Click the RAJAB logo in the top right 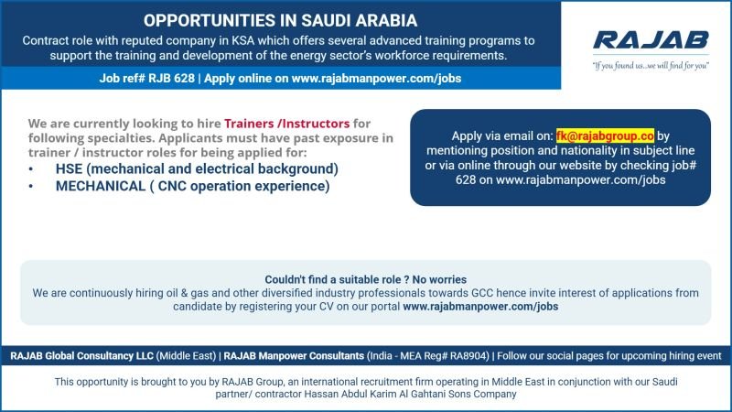[x=650, y=40]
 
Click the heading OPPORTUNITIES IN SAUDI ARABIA [x=280, y=20]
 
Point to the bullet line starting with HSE [x=197, y=169]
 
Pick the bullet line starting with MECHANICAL [x=192, y=186]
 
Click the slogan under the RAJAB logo [x=651, y=66]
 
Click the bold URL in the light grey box [x=480, y=307]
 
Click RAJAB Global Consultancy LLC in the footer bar [x=81, y=355]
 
